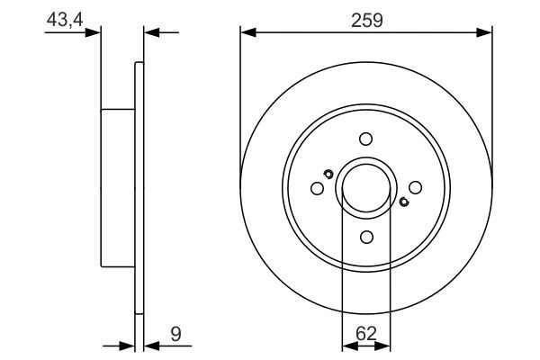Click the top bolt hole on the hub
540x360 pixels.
365,139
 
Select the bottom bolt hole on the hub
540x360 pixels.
365,236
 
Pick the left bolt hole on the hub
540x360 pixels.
317,188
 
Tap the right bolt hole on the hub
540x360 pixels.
415,187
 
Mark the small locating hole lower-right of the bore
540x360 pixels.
403,202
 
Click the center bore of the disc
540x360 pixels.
365,187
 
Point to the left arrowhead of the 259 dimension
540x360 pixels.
247,33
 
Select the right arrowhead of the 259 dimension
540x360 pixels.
486,33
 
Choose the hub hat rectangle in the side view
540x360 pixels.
117,187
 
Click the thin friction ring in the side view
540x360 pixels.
139,187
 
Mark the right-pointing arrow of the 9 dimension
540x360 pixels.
127,345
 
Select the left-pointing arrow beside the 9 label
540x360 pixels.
151,345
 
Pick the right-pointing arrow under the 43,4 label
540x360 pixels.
93,33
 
